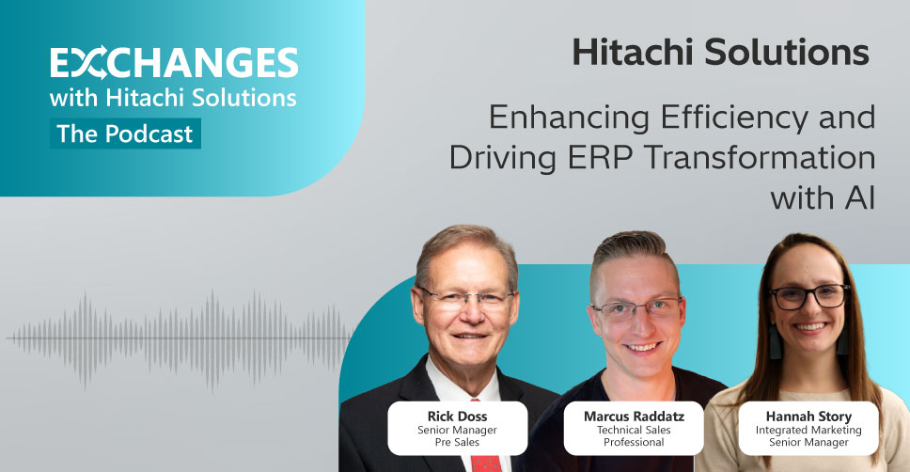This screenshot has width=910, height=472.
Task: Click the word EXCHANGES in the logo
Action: [x=174, y=63]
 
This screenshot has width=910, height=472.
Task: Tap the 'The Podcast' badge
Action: [x=125, y=134]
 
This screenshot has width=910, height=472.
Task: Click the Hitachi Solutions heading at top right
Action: [x=721, y=52]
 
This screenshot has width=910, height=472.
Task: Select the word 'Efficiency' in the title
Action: [x=734, y=118]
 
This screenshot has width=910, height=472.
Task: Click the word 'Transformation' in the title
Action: [x=761, y=157]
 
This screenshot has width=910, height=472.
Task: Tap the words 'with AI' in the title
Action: [x=823, y=198]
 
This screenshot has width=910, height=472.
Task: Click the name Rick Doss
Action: [x=457, y=417]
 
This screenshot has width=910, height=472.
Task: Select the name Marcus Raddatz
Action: [x=634, y=417]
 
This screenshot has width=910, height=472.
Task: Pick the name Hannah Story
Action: [x=808, y=417]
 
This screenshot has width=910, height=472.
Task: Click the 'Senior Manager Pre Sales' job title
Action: [x=457, y=436]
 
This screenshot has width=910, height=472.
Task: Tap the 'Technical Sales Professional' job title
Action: [x=634, y=436]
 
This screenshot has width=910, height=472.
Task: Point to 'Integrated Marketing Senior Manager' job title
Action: [x=808, y=436]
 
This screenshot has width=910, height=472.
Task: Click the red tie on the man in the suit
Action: [x=486, y=463]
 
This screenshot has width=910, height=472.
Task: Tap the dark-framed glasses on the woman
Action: [x=810, y=297]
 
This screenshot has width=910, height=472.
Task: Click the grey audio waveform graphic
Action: [x=180, y=339]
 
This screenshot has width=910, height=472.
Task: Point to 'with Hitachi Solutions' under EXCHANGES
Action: [x=173, y=98]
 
